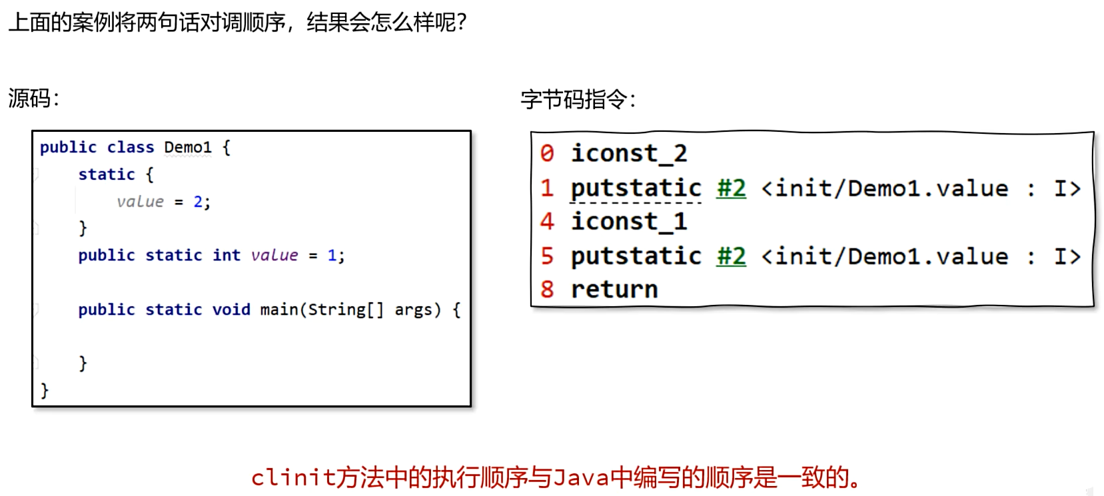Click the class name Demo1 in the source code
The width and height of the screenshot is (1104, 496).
coord(188,147)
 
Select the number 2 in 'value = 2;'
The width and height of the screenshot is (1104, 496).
coord(198,202)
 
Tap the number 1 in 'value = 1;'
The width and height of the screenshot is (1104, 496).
coord(332,256)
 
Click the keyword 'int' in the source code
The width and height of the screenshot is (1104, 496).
coord(227,256)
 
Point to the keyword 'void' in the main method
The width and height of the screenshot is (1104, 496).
coord(231,310)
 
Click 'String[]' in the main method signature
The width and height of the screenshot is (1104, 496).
coord(346,310)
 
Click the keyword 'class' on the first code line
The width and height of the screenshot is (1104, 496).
coord(131,147)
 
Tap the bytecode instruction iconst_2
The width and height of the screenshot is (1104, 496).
coord(629,154)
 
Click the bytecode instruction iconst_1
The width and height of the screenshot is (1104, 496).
coord(629,222)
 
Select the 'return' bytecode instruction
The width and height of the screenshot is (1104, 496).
coord(614,290)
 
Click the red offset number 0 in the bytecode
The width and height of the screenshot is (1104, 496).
coord(547,154)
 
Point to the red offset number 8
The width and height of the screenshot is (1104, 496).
coord(547,290)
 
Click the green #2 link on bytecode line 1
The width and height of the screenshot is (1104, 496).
coord(732,188)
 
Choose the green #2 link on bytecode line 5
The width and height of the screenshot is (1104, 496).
coord(732,256)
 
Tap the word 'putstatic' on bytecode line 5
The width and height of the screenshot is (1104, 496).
coord(636,256)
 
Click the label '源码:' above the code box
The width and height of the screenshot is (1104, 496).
coord(34,99)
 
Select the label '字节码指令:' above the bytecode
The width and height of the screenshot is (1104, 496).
coord(578,100)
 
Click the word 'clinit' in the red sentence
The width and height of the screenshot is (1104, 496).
coord(293,477)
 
